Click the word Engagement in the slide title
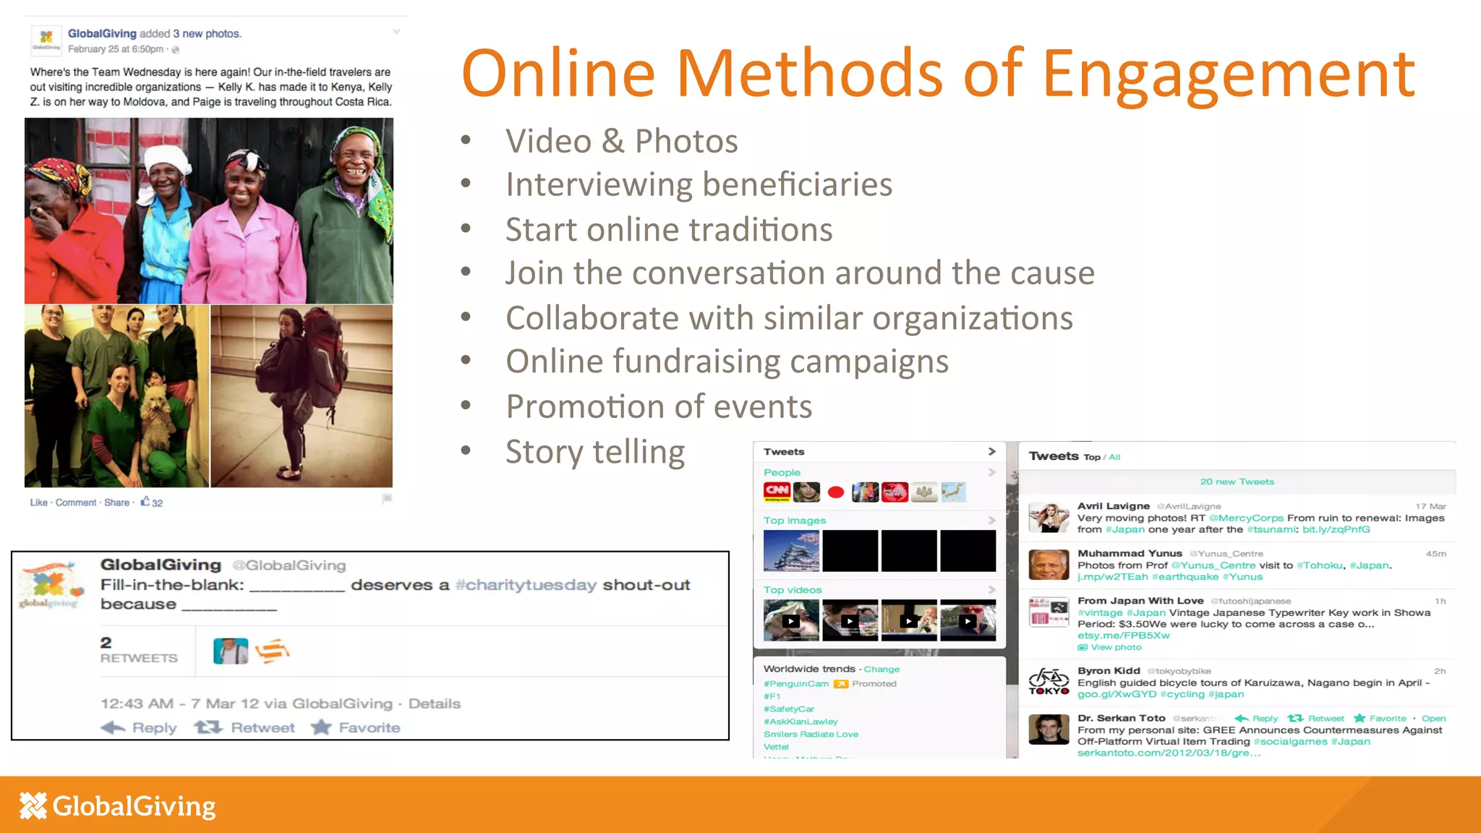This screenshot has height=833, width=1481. point(1228,74)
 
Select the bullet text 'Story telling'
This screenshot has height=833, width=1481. point(594,452)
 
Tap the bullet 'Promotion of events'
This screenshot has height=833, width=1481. point(658,406)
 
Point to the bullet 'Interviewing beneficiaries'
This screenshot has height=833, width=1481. point(699,184)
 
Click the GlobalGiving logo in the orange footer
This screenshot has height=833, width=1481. point(118,806)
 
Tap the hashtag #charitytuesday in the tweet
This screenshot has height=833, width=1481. point(526,585)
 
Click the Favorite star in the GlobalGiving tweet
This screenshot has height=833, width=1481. point(321,727)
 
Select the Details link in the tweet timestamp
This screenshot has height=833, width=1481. point(434,704)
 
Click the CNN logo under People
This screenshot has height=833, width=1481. point(777,492)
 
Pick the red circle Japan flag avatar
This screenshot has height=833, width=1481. point(836,492)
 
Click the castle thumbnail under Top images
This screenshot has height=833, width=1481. point(791,551)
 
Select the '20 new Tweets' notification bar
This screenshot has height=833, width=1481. point(1237,482)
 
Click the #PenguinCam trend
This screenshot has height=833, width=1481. point(796,683)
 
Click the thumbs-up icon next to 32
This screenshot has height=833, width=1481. point(145,501)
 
